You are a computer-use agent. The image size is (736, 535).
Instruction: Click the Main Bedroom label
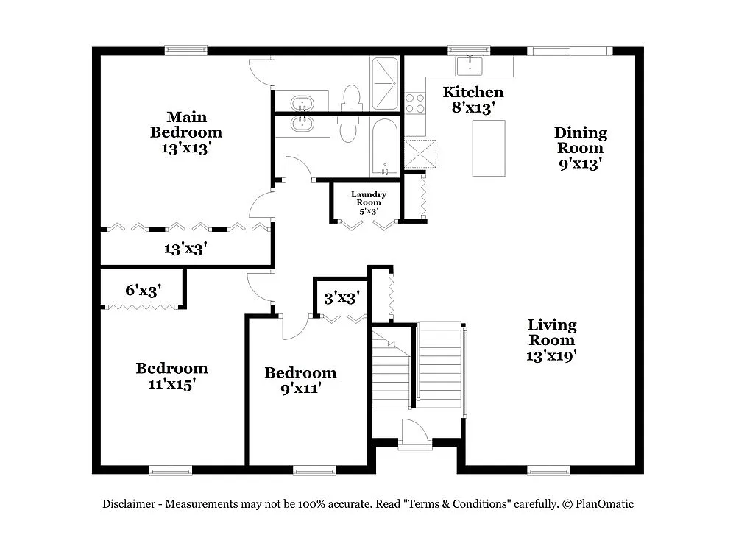click(186, 124)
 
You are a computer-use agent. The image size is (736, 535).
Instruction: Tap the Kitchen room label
click(473, 93)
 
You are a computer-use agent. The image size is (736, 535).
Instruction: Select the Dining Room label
click(581, 140)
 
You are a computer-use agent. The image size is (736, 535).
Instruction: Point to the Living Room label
click(552, 332)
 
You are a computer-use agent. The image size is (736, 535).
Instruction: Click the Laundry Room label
click(368, 199)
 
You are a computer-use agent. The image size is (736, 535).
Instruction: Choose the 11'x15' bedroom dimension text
click(171, 383)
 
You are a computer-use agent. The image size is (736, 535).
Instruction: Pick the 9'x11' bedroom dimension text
click(300, 388)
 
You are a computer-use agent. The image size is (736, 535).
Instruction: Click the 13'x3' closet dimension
click(185, 249)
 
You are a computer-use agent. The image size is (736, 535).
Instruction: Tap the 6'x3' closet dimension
click(143, 290)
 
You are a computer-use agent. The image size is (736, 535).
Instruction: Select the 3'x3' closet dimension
click(342, 298)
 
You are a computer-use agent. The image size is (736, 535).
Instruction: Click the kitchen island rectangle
click(489, 148)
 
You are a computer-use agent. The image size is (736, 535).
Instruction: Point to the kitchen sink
click(469, 66)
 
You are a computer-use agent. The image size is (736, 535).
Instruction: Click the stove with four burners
click(415, 102)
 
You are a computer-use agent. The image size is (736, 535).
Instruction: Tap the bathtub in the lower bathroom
click(385, 146)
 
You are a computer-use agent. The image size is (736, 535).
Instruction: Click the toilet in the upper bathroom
click(352, 97)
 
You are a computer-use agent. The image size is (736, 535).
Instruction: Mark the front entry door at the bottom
click(414, 434)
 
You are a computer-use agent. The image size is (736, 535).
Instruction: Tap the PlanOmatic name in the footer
click(604, 504)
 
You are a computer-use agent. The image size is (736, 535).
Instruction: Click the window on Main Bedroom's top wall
click(185, 51)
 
